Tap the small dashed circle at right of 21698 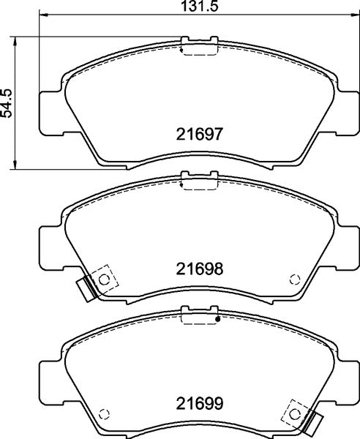coord(295,278)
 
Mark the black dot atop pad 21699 coord(217,320)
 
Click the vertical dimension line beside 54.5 coord(17,102)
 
